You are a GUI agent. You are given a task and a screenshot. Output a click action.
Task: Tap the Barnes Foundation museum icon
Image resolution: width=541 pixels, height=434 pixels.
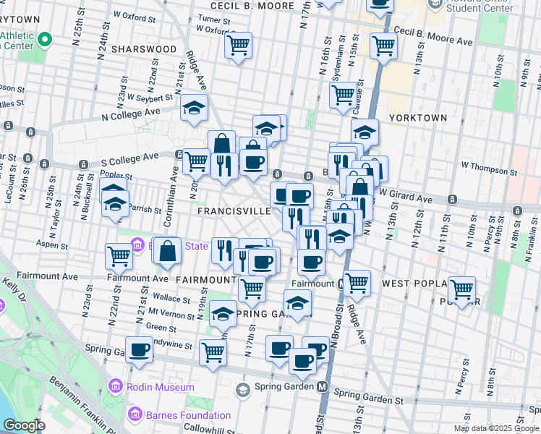pyautogui.click(x=135, y=414)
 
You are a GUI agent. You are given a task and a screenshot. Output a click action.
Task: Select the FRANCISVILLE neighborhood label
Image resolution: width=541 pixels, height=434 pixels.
pyautogui.click(x=234, y=211)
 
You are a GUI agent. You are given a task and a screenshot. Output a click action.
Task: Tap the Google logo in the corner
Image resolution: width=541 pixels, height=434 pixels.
pyautogui.click(x=25, y=425)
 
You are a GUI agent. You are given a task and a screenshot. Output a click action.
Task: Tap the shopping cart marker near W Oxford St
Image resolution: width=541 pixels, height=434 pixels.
pyautogui.click(x=238, y=46)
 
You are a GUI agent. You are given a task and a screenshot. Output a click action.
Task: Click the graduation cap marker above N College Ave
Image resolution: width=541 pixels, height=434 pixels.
pyautogui.click(x=194, y=109)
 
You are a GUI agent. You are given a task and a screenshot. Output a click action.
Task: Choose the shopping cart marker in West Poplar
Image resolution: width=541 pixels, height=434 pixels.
pyautogui.click(x=461, y=290)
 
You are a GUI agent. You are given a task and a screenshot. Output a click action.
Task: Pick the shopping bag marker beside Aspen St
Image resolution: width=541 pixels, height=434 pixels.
pyautogui.click(x=167, y=252)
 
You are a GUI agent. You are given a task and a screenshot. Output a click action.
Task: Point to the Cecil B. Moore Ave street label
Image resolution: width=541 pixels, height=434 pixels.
pyautogui.click(x=433, y=37)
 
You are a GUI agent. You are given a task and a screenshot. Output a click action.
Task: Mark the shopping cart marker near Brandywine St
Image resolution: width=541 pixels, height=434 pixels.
pyautogui.click(x=213, y=352)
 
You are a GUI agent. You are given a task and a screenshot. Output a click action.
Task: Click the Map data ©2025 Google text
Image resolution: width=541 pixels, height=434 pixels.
pyautogui.click(x=495, y=428)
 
